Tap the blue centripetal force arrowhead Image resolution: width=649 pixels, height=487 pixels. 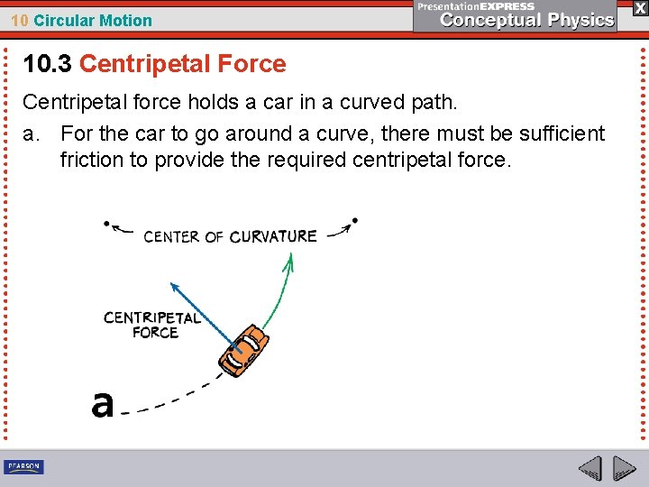[173, 286]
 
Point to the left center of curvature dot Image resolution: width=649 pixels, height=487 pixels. [106, 223]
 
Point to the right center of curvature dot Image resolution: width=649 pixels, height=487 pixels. [355, 219]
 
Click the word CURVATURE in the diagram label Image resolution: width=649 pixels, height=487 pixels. [273, 236]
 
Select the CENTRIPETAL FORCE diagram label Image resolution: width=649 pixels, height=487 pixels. [152, 325]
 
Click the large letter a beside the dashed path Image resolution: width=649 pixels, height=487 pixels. [102, 404]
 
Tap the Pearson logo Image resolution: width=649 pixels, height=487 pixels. [23, 466]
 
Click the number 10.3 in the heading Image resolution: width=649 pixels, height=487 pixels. [48, 64]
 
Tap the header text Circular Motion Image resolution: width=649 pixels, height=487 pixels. [93, 20]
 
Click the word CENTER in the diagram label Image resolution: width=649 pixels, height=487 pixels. [171, 237]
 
